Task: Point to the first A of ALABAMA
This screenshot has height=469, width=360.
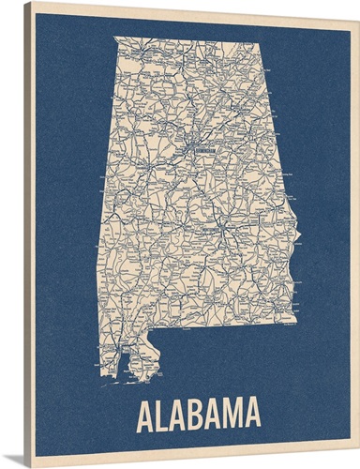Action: point(147,414)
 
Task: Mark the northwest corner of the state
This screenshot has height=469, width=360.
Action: point(114,37)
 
